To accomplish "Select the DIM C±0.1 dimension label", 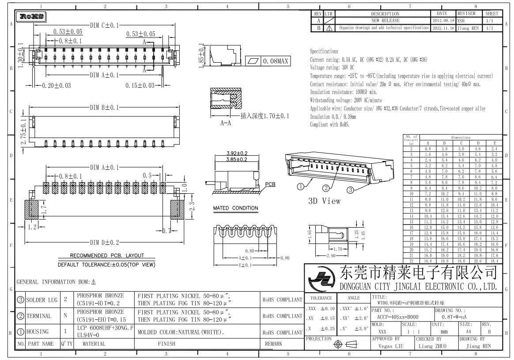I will tap(104, 26).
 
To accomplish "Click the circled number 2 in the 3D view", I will tap(326, 188).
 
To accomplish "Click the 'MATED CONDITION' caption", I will tap(235, 208).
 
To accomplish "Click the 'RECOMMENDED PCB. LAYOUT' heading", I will tap(107, 255).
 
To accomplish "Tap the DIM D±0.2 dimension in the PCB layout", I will tap(104, 242).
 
